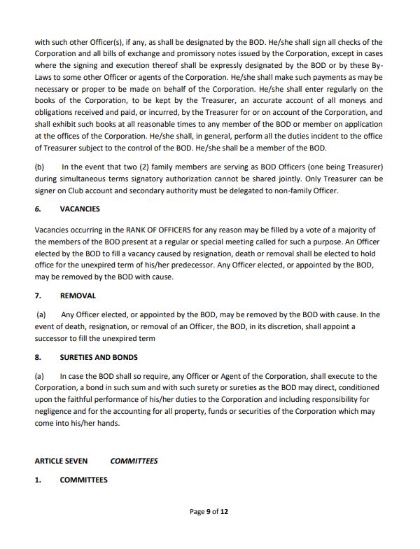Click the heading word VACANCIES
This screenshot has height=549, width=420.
(x=80, y=209)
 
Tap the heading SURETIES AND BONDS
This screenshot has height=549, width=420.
(x=99, y=357)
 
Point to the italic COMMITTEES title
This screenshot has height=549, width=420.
(x=134, y=461)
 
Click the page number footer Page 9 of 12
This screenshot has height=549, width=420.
(x=209, y=512)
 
